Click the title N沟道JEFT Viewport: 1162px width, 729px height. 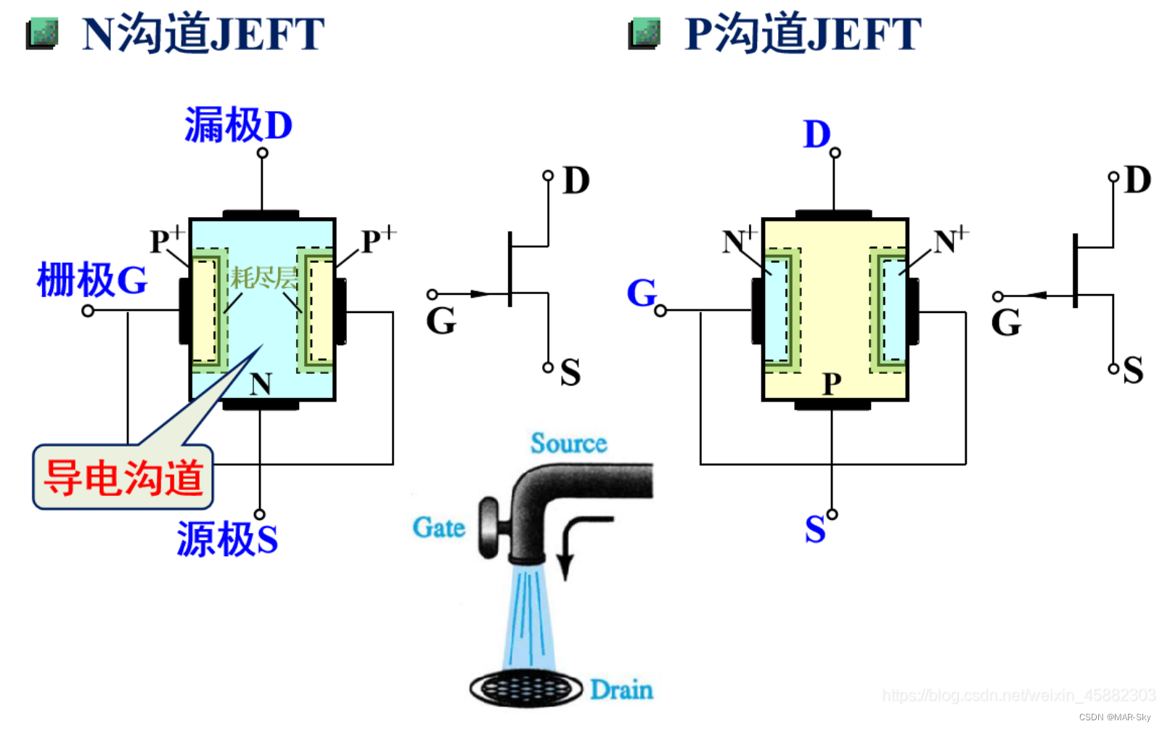pos(202,33)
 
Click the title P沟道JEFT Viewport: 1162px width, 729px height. pos(803,33)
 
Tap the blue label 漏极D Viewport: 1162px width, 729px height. pos(238,125)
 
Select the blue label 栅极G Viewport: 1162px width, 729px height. pos(91,280)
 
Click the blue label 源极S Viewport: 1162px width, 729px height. pos(227,539)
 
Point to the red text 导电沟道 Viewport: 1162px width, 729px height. pos(123,478)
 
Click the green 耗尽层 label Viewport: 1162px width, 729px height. pos(263,277)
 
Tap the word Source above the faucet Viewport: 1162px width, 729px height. pos(568,443)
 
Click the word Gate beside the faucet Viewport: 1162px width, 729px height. pos(438,527)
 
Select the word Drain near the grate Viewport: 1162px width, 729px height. pos(621,689)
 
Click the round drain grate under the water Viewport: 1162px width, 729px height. pos(525,688)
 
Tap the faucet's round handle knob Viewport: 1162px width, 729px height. pos(488,528)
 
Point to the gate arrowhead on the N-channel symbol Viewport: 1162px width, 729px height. pos(480,294)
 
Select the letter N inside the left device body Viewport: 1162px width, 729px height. pos(261,383)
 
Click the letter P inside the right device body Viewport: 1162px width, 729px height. pos(832,383)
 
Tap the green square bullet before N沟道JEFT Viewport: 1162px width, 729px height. pos(42,34)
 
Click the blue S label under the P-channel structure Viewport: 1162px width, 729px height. pos(815,529)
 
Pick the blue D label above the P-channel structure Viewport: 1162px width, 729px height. pos(817,134)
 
